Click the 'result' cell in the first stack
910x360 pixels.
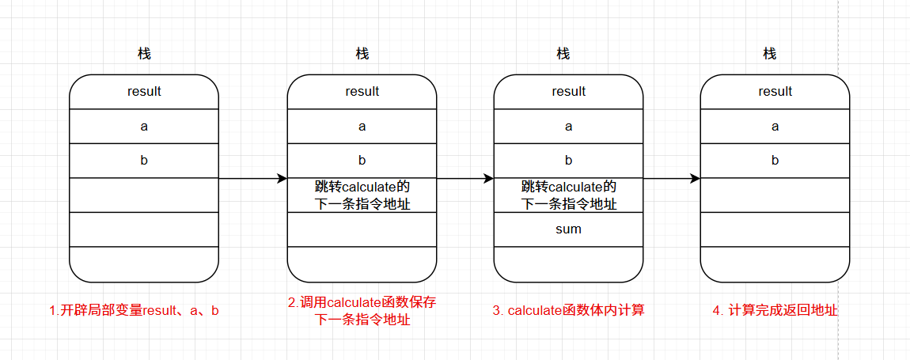click(144, 92)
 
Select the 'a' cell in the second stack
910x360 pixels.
click(362, 126)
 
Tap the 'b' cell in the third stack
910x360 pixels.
click(568, 161)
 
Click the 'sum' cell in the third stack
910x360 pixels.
click(568, 229)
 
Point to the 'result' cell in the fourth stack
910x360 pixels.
click(775, 92)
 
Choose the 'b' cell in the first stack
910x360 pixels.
click(144, 161)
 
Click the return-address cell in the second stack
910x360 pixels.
click(362, 195)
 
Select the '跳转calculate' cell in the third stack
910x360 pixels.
click(568, 195)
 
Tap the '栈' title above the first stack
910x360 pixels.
click(144, 54)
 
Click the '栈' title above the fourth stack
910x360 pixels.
click(770, 54)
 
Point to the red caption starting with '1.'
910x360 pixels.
click(134, 311)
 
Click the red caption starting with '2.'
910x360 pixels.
click(362, 311)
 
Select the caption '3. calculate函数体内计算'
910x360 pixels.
click(569, 311)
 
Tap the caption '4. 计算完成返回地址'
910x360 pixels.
click(775, 311)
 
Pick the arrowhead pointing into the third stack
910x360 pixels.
click(489, 178)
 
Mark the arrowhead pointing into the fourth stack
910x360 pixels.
click(696, 178)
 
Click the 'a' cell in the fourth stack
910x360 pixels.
click(775, 126)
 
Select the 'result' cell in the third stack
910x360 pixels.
click(568, 92)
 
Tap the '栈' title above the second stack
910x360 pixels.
click(362, 54)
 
